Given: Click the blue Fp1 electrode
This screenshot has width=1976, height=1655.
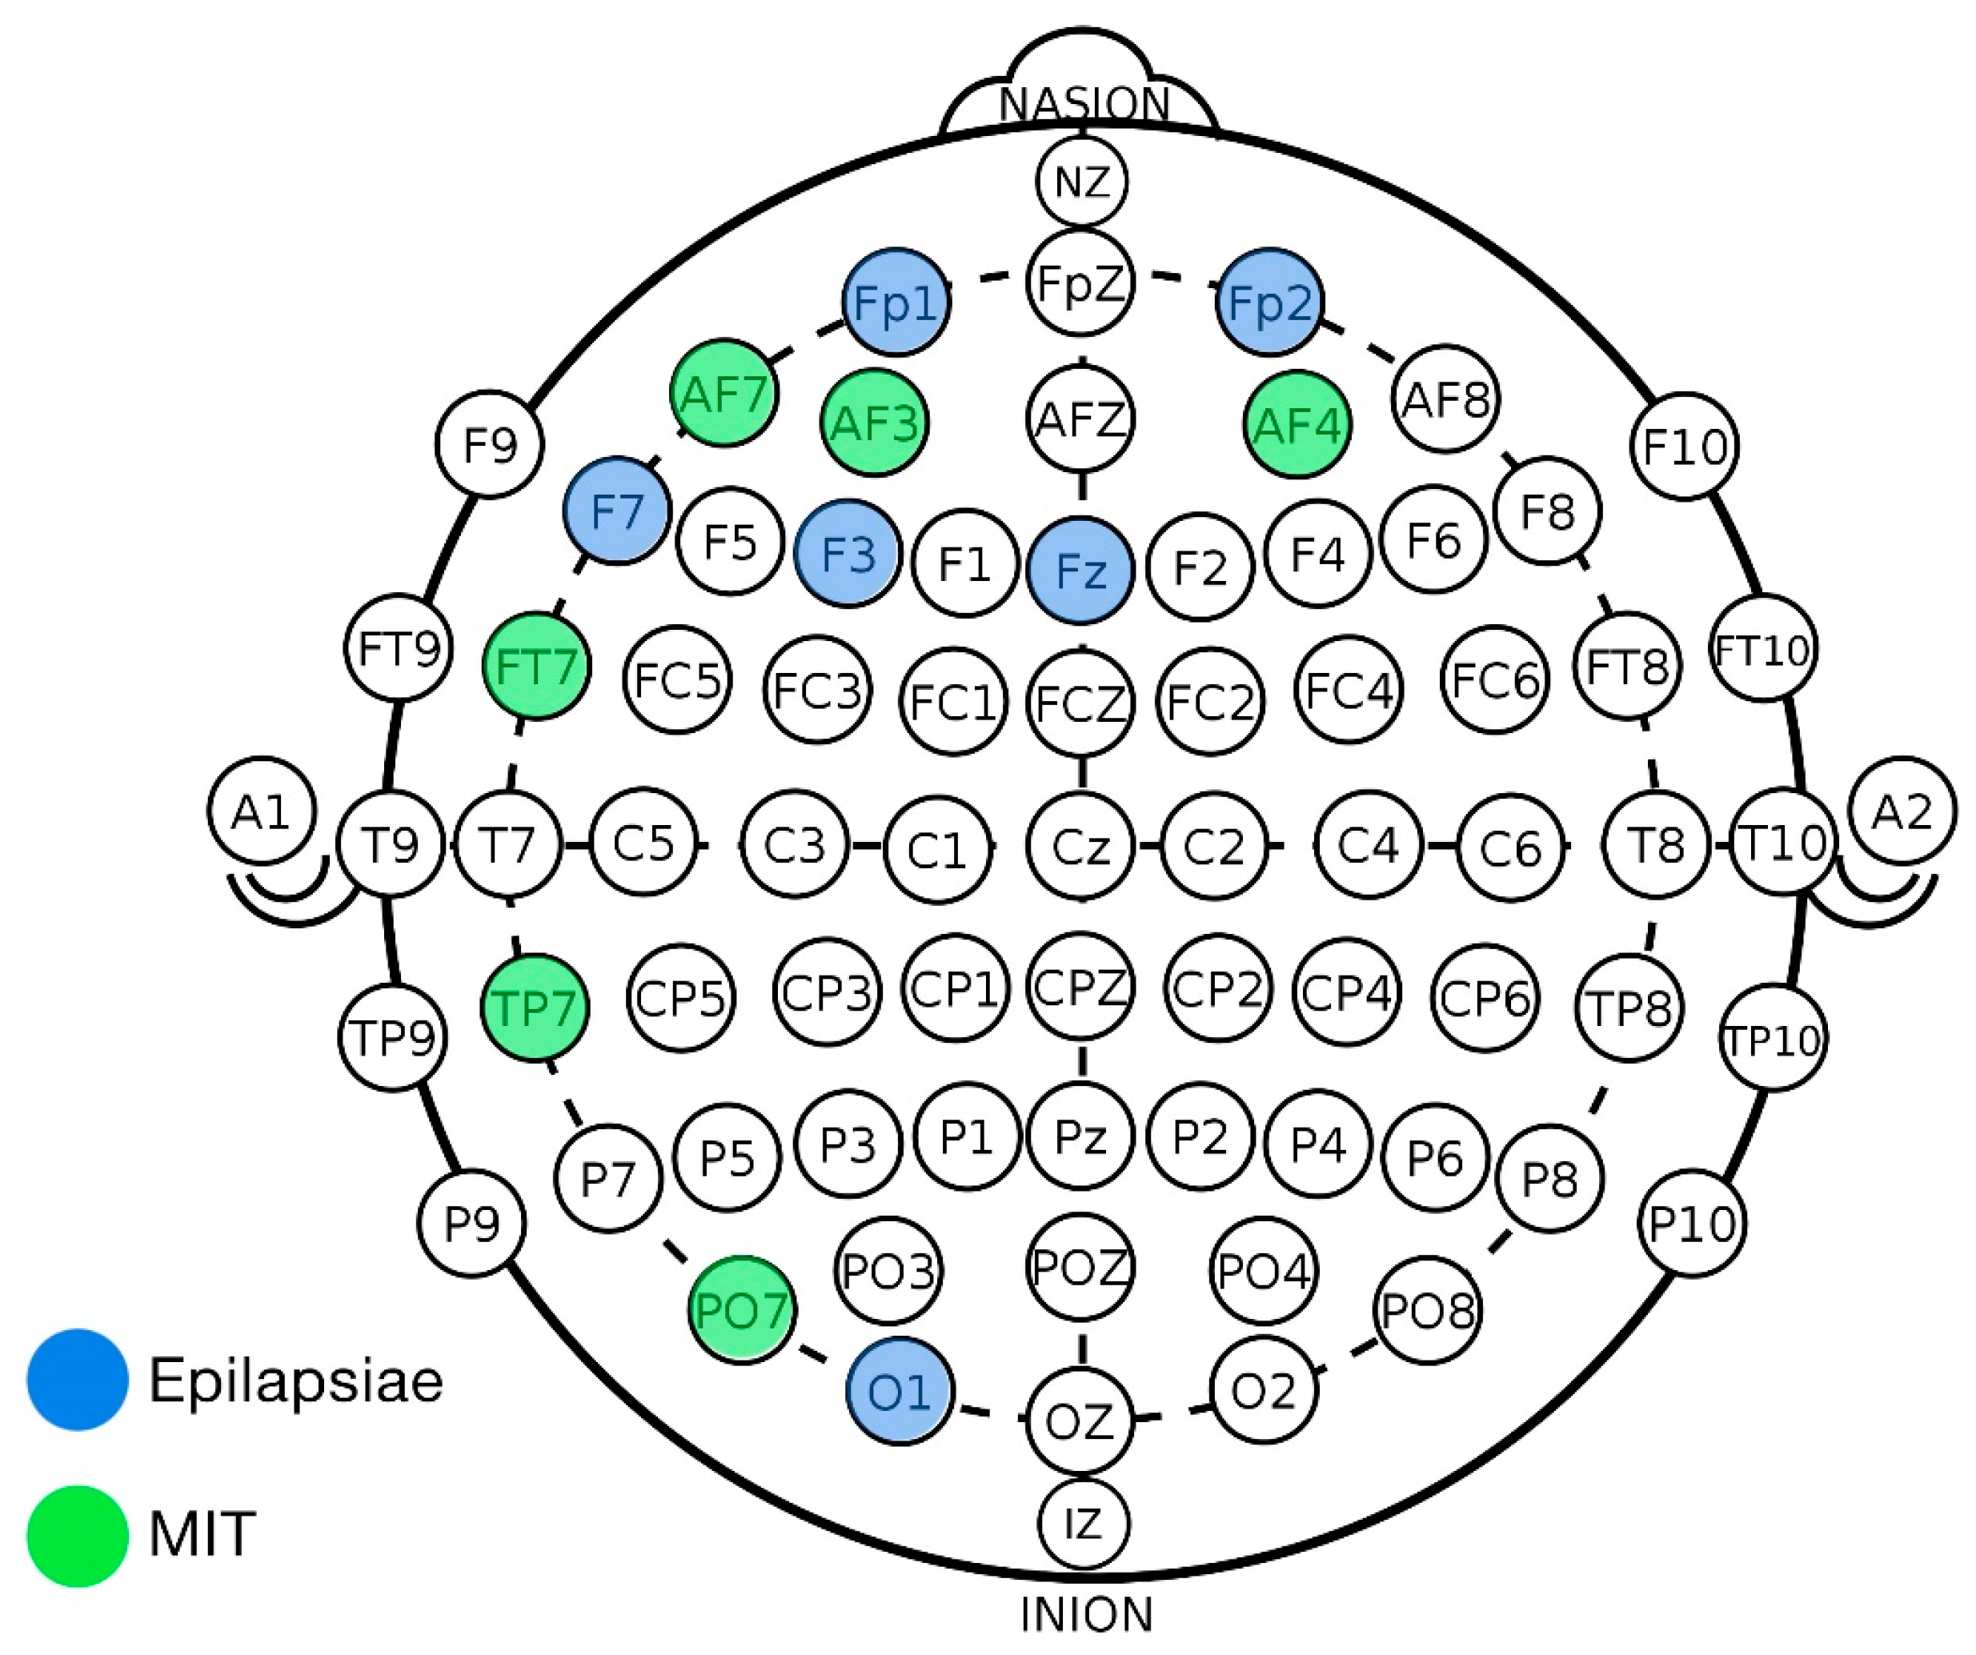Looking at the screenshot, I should (x=896, y=302).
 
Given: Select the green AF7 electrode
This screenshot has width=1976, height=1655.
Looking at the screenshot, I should (x=724, y=392).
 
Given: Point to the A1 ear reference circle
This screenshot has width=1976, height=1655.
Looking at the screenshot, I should (x=262, y=811).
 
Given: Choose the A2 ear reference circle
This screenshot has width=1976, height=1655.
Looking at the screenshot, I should (x=1902, y=811).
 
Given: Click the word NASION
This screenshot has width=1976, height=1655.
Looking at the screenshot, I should (x=1084, y=103).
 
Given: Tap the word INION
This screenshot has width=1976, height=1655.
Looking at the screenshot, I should (x=1087, y=1614).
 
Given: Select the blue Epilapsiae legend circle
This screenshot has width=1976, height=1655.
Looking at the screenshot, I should (x=77, y=1380).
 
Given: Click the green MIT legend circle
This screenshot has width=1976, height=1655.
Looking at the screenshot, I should (x=77, y=1536).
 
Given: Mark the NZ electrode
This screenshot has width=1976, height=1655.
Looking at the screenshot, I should (x=1082, y=182).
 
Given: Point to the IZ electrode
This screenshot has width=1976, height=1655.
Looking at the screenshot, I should (x=1084, y=1522).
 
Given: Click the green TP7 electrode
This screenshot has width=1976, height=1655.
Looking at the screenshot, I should (x=535, y=1008).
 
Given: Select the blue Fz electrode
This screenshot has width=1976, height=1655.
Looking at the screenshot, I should (x=1080, y=570).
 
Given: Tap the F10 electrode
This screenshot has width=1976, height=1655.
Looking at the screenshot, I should (x=1685, y=446).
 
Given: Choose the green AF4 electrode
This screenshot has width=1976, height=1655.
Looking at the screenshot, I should (x=1297, y=424).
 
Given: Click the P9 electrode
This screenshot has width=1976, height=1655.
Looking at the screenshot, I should (x=471, y=1223).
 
